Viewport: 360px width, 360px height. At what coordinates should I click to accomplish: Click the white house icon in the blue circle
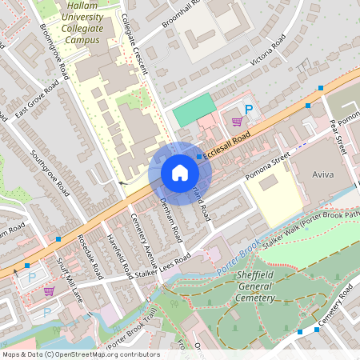pos(180,173)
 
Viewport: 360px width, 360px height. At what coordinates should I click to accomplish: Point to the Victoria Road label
pos(268,50)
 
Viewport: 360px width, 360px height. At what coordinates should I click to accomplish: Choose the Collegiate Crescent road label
pos(135,45)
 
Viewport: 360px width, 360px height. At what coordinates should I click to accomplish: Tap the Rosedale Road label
pos(90,257)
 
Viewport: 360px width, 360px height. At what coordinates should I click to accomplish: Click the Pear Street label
pos(336,137)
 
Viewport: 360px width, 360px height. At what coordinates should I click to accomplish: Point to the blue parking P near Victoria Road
pos(248,110)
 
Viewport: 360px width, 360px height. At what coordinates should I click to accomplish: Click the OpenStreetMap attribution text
pos(80,354)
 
